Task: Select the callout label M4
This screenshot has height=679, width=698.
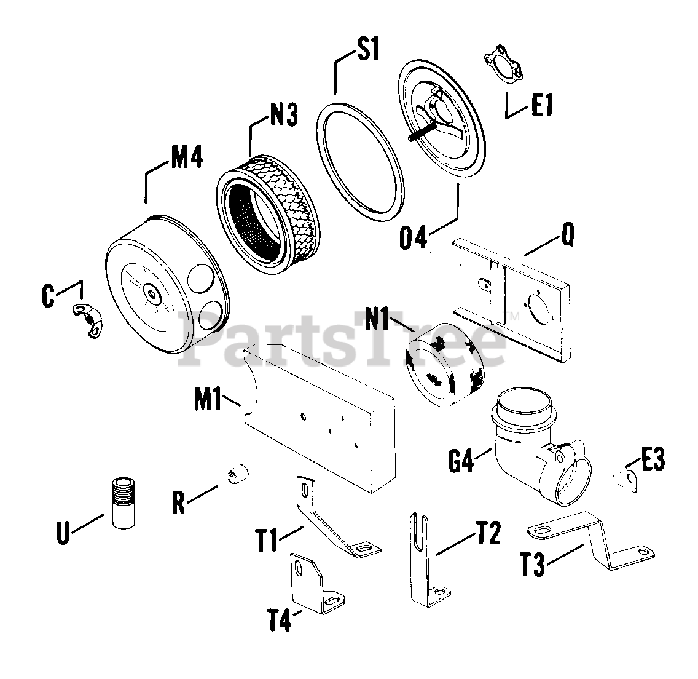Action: coord(186,158)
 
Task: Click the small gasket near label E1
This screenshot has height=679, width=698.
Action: coord(502,64)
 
